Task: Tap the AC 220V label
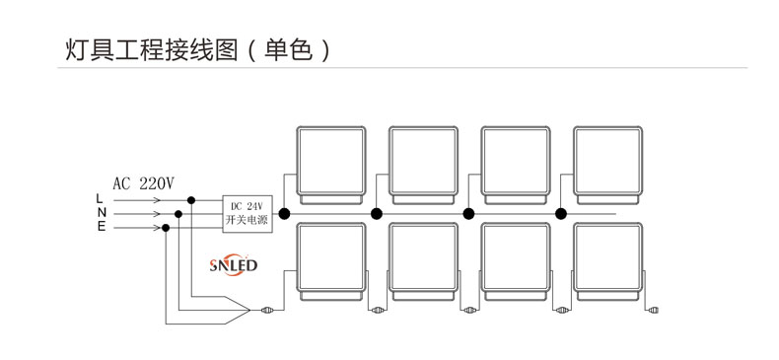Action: (143, 182)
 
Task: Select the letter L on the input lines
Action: (100, 199)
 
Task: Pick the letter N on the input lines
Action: (100, 213)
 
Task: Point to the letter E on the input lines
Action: (100, 228)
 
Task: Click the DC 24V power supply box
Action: (247, 213)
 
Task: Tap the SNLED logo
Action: (234, 265)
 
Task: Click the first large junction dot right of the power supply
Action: (284, 213)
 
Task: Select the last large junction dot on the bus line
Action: (561, 213)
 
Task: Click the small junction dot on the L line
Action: (191, 199)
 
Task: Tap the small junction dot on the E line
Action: (166, 228)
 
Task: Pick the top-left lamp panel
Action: (331, 162)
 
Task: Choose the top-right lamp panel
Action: (607, 162)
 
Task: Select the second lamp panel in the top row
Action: (423, 162)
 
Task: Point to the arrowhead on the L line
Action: (159, 199)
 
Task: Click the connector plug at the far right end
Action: (653, 312)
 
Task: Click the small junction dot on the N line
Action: (178, 213)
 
